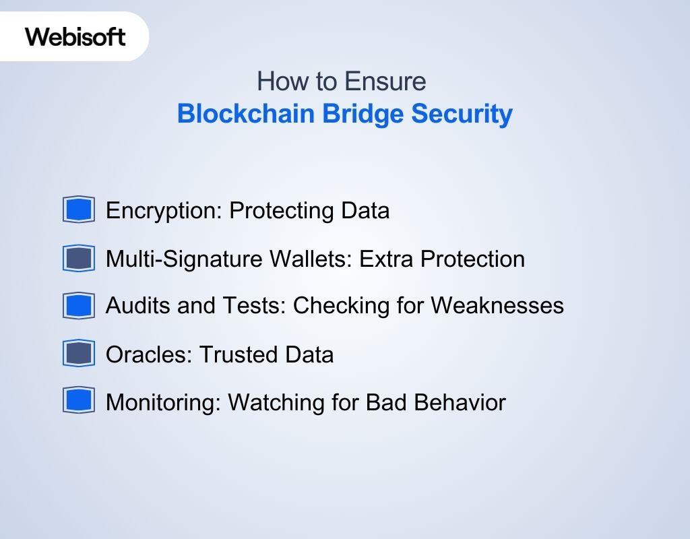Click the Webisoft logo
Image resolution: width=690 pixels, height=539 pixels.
pyautogui.click(x=75, y=36)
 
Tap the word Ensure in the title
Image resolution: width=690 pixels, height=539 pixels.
pyautogui.click(x=385, y=82)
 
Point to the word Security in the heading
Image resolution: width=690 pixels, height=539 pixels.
pyautogui.click(x=462, y=114)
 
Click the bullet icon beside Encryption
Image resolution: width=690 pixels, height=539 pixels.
pyautogui.click(x=79, y=210)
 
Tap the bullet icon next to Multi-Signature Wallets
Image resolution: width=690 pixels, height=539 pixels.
pyautogui.click(x=79, y=259)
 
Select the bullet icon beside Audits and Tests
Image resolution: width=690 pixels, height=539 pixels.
pyautogui.click(x=79, y=306)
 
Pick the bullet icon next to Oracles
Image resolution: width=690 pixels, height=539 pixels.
pyautogui.click(x=79, y=354)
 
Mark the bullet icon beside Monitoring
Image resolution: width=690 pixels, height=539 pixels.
pyautogui.click(x=79, y=402)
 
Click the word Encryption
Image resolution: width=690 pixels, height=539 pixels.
pyautogui.click(x=164, y=211)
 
